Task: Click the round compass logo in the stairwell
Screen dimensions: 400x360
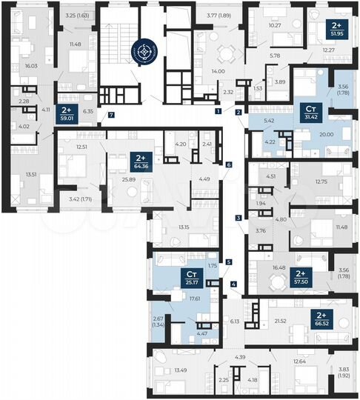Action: [x=144, y=53]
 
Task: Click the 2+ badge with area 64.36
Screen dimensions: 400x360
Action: [x=138, y=161]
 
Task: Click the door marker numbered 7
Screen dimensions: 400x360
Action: [x=111, y=115]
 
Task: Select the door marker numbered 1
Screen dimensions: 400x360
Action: [x=219, y=111]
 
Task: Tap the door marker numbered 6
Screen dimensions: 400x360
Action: [x=230, y=164]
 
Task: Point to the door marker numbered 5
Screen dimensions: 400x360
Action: [x=230, y=261]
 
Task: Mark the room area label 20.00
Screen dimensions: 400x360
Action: [x=326, y=135]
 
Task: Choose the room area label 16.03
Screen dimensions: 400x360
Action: [x=31, y=65]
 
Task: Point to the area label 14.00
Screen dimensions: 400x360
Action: [x=217, y=71]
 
